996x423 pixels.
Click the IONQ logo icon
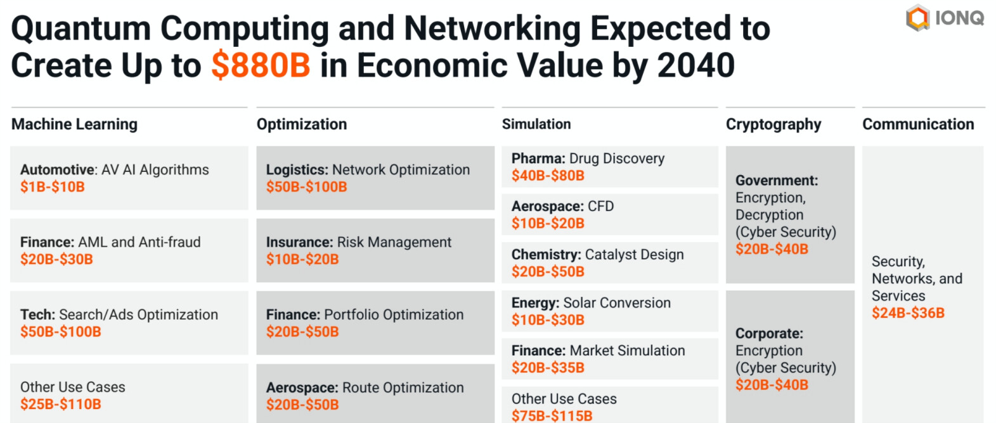[x=917, y=18]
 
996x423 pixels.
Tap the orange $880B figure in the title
[x=261, y=65]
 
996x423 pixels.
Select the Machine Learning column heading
[x=74, y=124]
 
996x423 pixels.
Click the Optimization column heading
[x=301, y=124]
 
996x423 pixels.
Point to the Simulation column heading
[x=536, y=124]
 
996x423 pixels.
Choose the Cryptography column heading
[x=773, y=124]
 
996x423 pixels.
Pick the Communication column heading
[x=917, y=124]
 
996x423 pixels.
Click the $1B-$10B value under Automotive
[x=52, y=187]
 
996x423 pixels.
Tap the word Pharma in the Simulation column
[x=538, y=159]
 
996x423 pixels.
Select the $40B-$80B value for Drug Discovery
[x=548, y=176]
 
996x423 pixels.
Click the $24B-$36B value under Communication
[x=907, y=313]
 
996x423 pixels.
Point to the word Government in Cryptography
[x=776, y=181]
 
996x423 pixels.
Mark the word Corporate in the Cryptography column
[x=768, y=334]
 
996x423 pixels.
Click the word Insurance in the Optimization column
[x=299, y=242]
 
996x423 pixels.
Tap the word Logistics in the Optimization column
[x=296, y=170]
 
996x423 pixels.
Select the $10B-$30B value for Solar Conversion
[x=548, y=320]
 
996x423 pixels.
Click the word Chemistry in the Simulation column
[x=545, y=255]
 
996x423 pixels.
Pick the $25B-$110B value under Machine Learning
[x=60, y=405]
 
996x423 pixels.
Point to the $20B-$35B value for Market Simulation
[x=548, y=368]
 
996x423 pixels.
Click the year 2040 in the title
[x=695, y=65]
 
